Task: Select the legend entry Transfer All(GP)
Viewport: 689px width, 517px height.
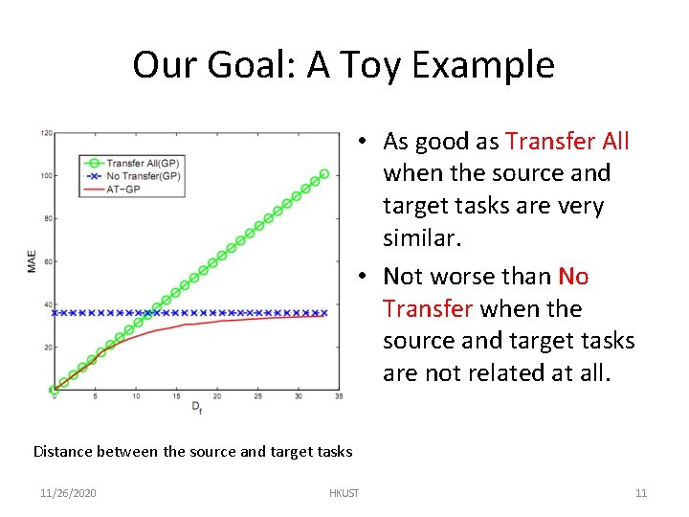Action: (144, 163)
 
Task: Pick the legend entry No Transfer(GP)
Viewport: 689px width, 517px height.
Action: (144, 176)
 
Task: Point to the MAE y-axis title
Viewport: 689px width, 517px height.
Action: (32, 261)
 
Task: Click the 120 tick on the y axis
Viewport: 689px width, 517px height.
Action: (46, 132)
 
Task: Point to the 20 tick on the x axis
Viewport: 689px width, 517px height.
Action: (217, 395)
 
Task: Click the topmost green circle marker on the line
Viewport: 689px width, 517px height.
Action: (324, 174)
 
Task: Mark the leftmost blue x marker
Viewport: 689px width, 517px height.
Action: (56, 313)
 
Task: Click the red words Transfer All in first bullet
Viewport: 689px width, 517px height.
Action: (567, 142)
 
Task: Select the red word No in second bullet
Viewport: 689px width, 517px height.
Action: (573, 277)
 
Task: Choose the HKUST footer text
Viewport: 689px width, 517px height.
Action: (344, 493)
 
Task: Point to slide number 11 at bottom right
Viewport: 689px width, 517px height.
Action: (641, 493)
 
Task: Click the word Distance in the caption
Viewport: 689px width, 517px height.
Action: (64, 451)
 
